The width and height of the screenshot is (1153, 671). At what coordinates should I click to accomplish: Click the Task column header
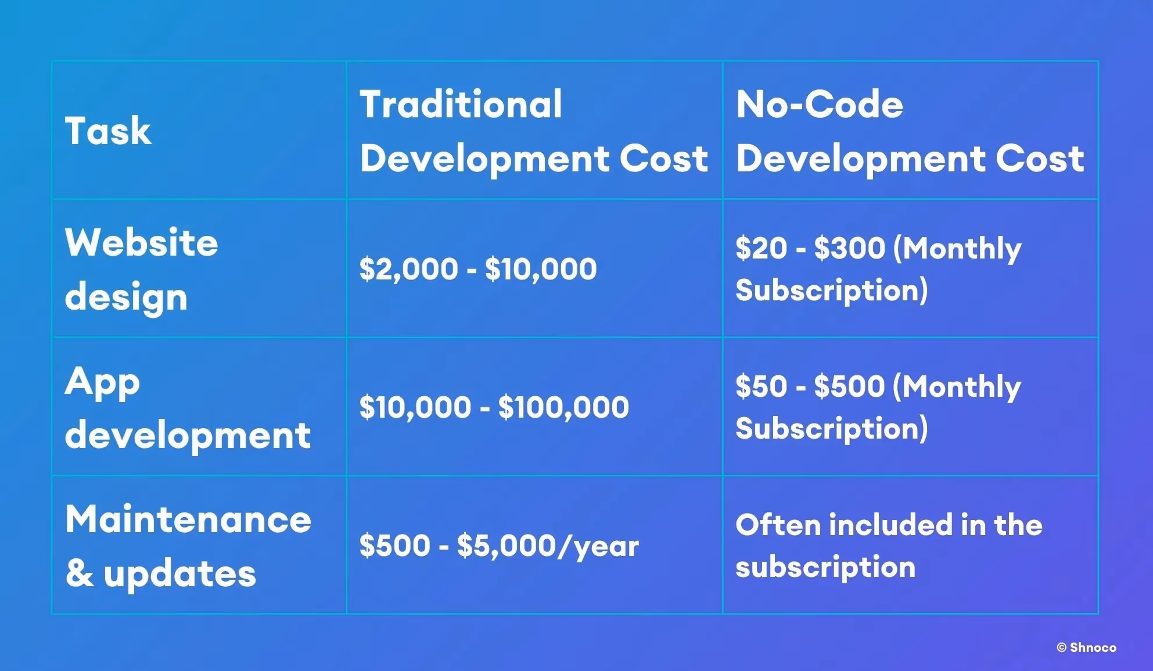coord(108,131)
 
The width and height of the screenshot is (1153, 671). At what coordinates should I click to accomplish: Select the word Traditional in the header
coord(461,105)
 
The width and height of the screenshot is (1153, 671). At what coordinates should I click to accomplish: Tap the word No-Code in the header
coord(819,105)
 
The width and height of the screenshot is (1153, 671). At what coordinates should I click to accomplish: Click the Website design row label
coord(141,269)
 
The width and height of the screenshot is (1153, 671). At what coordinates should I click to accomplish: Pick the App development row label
coord(187,408)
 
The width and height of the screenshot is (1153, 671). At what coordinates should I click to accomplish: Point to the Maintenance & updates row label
coord(188,546)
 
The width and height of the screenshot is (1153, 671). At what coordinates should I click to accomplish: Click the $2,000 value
coord(408,269)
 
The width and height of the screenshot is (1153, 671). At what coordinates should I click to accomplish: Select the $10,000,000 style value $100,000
coord(563,407)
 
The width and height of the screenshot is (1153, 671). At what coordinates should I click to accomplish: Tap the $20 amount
coord(761,248)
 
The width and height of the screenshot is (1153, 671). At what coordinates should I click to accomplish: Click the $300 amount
coord(849,248)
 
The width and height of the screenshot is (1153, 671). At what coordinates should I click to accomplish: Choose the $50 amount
coord(761,386)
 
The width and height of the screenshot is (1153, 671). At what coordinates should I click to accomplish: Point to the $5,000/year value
coord(548,546)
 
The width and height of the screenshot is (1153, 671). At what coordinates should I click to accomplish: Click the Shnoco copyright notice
coord(1086,647)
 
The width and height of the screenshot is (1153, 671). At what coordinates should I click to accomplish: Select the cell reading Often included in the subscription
coord(889,546)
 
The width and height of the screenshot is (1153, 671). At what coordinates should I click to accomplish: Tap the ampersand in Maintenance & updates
coord(80,573)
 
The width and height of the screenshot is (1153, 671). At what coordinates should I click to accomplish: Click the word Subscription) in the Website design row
coord(831,290)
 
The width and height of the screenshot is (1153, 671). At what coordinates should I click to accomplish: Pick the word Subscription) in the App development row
coord(831,428)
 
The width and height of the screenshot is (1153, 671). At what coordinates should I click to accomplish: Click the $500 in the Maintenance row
coord(394,546)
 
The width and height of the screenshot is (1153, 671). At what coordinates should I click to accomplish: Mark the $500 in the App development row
coord(849,386)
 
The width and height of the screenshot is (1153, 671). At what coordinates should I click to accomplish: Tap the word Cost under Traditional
coord(663,159)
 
